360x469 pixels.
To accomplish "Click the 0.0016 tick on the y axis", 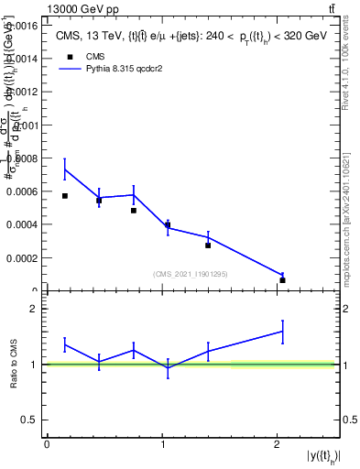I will [x=23, y=25].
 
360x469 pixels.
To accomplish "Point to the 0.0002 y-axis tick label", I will [x=23, y=258].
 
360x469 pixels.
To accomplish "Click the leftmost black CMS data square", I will [x=65, y=196].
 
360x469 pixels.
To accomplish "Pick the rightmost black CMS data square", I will [x=282, y=279].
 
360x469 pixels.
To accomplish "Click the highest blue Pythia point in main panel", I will [x=65, y=169].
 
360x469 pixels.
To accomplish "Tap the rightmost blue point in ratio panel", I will [x=282, y=332].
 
